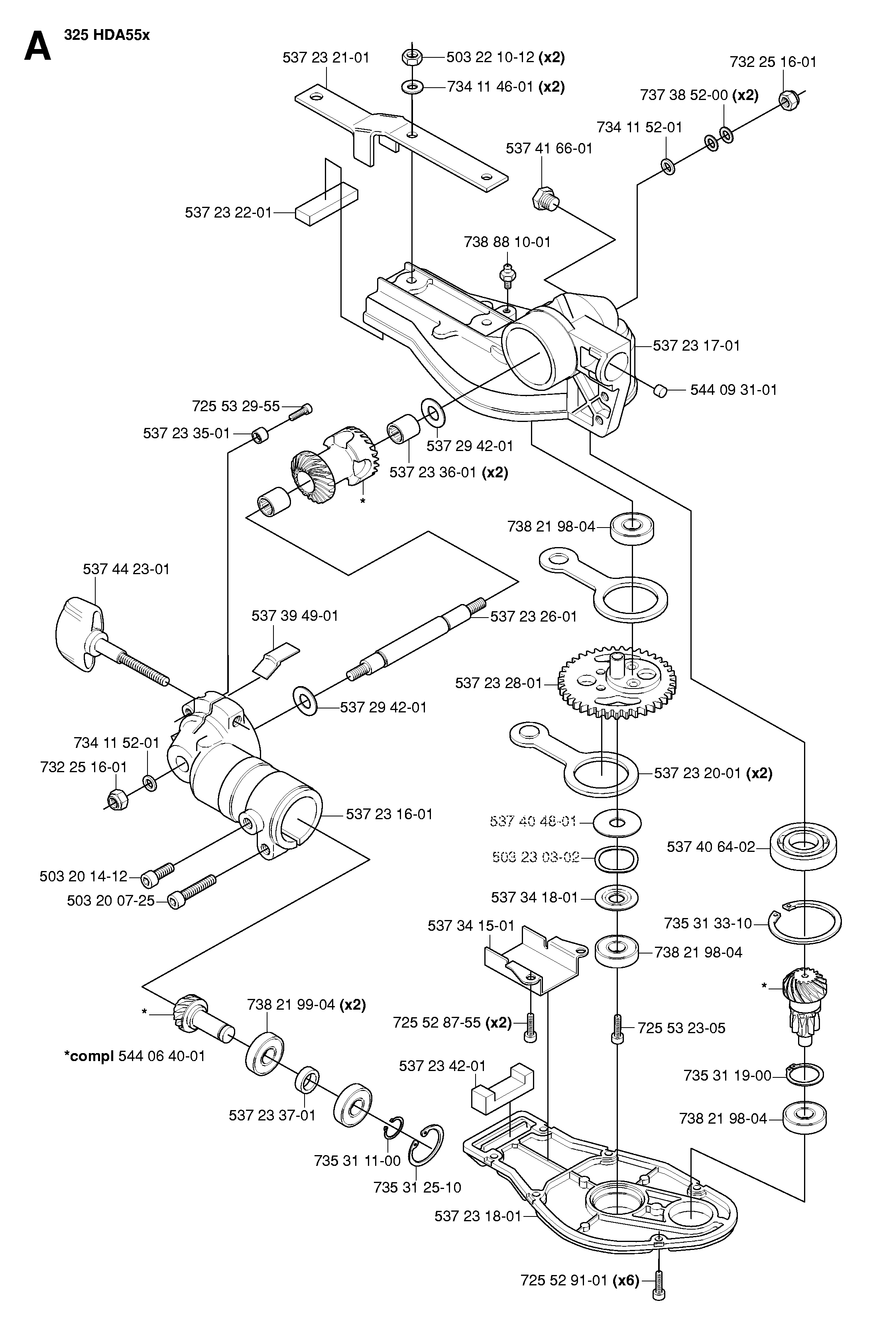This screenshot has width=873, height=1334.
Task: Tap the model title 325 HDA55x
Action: coord(107,35)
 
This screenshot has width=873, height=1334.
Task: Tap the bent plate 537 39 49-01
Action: coord(275,660)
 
